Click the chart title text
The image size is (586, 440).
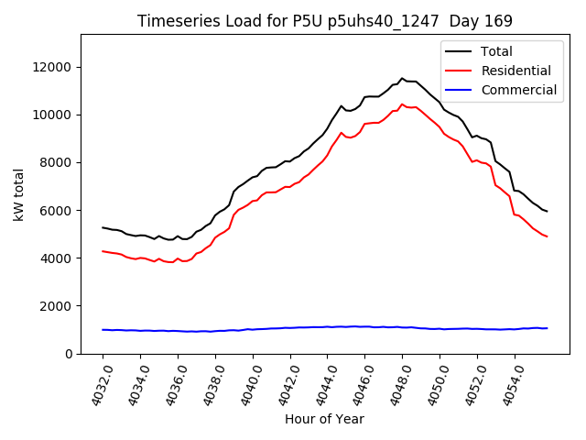(325, 21)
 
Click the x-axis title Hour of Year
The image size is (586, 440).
(324, 419)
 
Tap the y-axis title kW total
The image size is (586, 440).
(20, 193)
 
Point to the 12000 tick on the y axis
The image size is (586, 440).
(54, 67)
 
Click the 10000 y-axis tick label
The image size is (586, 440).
(54, 115)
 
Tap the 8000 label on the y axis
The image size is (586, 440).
(58, 162)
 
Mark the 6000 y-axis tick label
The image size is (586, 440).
(58, 210)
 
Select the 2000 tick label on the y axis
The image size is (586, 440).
(58, 305)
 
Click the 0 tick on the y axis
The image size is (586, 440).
(70, 353)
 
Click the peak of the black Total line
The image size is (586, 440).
(401, 79)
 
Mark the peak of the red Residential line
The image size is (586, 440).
(401, 104)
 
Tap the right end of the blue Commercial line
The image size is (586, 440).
(547, 328)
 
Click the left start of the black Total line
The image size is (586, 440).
(103, 227)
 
